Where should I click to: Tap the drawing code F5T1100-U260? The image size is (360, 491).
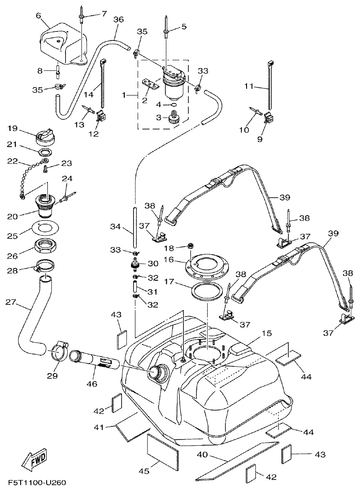point(37,483)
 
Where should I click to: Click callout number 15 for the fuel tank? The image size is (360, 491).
point(267,334)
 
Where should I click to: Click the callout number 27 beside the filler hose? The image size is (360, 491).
point(11,303)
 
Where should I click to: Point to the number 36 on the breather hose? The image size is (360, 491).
point(118,20)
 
